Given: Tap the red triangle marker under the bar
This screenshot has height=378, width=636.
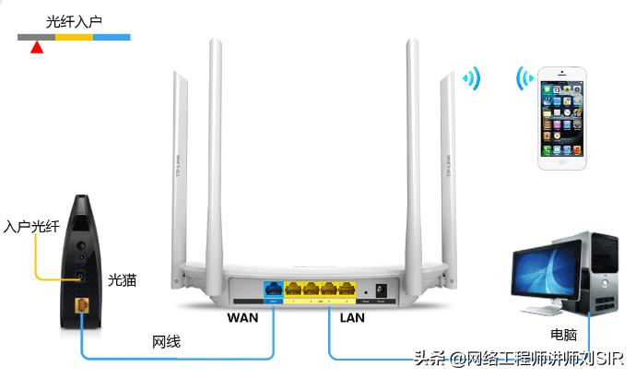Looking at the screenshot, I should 36,46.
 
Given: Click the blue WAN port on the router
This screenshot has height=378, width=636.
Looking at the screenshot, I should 274,288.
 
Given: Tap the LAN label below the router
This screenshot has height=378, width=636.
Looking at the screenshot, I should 352,318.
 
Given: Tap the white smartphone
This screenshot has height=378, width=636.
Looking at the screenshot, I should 562,116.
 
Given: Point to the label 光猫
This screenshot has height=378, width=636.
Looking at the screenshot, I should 122,278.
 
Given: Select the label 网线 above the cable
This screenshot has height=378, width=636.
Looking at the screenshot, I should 166,343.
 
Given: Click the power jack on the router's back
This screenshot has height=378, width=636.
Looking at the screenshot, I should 379,289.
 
